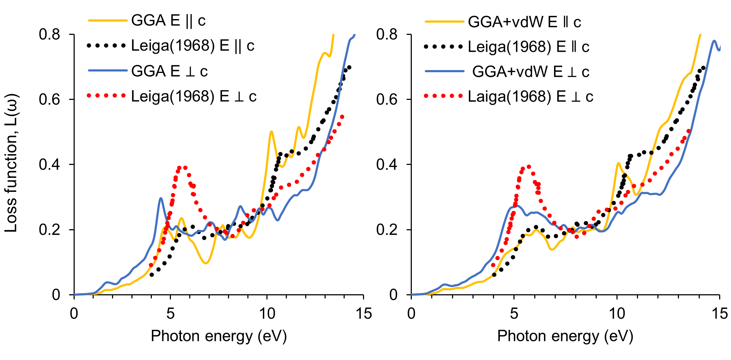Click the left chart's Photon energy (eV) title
pyautogui.click(x=219, y=336)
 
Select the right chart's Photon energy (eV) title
pyautogui.click(x=565, y=336)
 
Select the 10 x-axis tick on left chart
pyautogui.click(x=267, y=314)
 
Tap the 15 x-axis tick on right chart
pyautogui.click(x=720, y=314)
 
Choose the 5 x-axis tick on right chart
pyautogui.click(x=514, y=314)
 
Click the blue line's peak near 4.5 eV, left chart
pyautogui.click(x=160, y=198)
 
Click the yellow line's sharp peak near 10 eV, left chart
pyautogui.click(x=271, y=131)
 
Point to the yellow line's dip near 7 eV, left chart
pyautogui.click(x=205, y=263)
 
